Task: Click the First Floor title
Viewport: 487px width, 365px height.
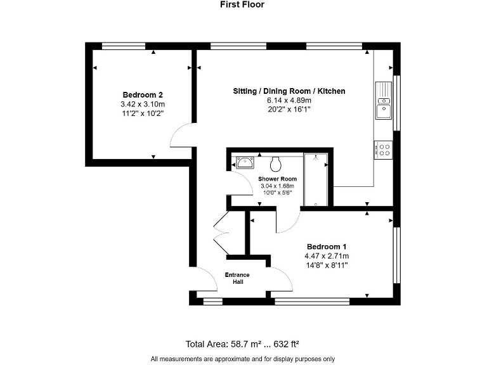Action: [x=242, y=4]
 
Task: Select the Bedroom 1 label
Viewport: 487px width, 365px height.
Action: [x=326, y=247]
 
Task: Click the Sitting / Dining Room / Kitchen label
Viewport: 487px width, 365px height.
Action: [x=289, y=91]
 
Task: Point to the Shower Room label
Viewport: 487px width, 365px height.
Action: [x=277, y=179]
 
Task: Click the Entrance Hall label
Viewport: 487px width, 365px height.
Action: [x=237, y=278]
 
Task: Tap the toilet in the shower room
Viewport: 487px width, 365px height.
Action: [x=276, y=163]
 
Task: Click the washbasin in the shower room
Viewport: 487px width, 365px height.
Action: [x=243, y=162]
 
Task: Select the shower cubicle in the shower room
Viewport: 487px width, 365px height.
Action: [x=315, y=179]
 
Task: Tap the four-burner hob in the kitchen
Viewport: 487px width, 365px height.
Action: [x=384, y=150]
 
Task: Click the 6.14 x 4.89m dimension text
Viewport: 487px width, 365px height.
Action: [x=289, y=100]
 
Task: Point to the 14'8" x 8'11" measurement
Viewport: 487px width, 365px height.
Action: [x=326, y=265]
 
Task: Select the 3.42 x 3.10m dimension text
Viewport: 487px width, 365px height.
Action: [x=143, y=105]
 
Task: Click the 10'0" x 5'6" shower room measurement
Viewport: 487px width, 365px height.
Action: [x=277, y=193]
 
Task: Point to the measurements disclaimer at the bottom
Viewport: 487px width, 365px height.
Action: [x=242, y=359]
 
